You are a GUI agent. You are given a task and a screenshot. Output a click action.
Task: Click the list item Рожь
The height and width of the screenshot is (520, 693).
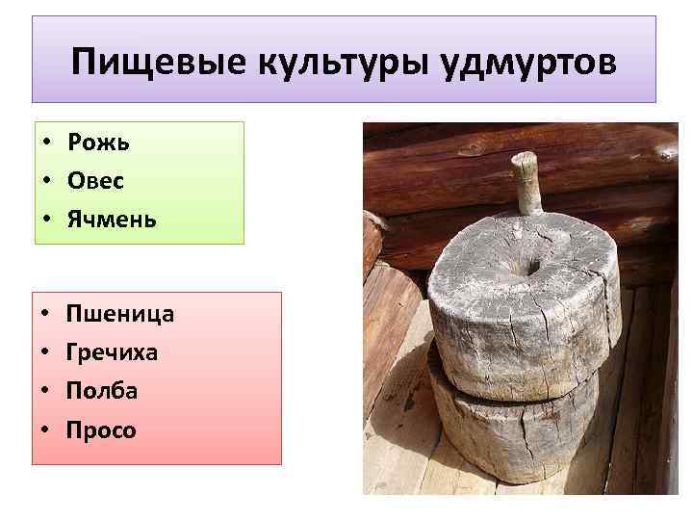(98, 143)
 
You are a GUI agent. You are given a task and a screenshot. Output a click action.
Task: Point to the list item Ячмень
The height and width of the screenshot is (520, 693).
(112, 220)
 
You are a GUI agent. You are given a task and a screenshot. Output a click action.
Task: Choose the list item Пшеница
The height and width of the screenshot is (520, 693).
(120, 313)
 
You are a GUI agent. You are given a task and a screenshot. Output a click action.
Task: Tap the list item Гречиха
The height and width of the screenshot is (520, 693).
(113, 352)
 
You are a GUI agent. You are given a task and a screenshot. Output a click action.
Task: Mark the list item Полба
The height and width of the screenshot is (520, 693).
(102, 391)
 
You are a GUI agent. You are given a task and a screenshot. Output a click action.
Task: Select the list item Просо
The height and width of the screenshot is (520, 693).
(102, 429)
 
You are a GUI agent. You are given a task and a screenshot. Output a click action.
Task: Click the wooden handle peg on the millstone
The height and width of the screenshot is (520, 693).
(526, 183)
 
